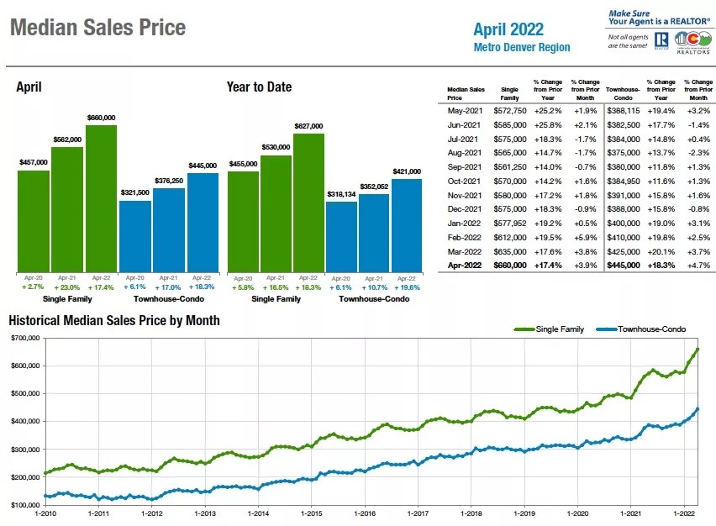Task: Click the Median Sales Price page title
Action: (x=97, y=28)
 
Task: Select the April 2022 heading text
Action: (x=508, y=29)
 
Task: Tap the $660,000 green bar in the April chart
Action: (x=101, y=197)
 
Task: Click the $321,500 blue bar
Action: (x=134, y=235)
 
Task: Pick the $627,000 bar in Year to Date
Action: (x=308, y=202)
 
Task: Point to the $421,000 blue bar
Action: (x=406, y=224)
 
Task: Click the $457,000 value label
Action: (x=34, y=161)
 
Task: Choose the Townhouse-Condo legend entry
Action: (x=648, y=329)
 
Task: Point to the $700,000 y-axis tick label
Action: (x=25, y=338)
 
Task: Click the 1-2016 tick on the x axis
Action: (x=365, y=513)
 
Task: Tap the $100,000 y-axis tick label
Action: (x=25, y=505)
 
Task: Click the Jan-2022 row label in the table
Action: (x=465, y=223)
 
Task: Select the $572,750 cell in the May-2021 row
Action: (x=509, y=110)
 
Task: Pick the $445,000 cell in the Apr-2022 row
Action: (x=623, y=266)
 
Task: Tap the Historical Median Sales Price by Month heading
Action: (x=114, y=320)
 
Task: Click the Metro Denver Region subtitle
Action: (x=521, y=48)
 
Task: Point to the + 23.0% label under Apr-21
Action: (x=68, y=287)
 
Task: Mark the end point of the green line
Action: (x=698, y=349)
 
